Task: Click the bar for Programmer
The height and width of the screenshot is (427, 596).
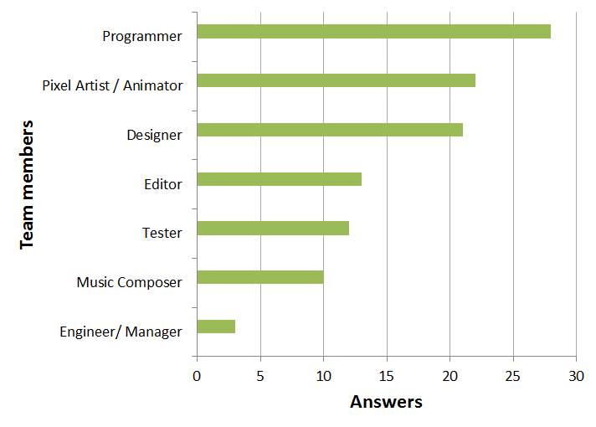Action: [373, 32]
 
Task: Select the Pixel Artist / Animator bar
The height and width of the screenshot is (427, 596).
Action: [336, 80]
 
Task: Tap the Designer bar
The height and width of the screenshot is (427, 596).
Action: [329, 130]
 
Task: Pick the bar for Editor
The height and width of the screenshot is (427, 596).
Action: [279, 179]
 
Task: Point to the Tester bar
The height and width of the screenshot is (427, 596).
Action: [272, 228]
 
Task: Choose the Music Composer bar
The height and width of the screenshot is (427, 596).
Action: [259, 277]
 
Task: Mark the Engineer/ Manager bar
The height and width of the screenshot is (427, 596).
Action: [215, 327]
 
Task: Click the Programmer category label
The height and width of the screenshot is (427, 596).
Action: [141, 36]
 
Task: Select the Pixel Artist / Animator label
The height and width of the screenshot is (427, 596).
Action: [112, 85]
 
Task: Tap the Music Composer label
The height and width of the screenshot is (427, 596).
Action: [129, 282]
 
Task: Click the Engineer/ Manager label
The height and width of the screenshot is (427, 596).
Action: [121, 332]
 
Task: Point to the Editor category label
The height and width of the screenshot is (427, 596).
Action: [162, 184]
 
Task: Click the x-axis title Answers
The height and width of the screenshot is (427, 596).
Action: [386, 402]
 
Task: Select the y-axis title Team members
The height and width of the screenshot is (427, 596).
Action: [27, 183]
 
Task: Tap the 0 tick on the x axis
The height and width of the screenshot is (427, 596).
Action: [197, 376]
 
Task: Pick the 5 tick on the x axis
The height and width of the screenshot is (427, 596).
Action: [259, 376]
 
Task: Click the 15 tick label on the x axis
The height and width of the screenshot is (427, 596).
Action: [386, 376]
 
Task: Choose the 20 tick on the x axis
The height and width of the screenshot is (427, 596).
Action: [450, 376]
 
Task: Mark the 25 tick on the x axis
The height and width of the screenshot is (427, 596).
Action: [512, 376]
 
